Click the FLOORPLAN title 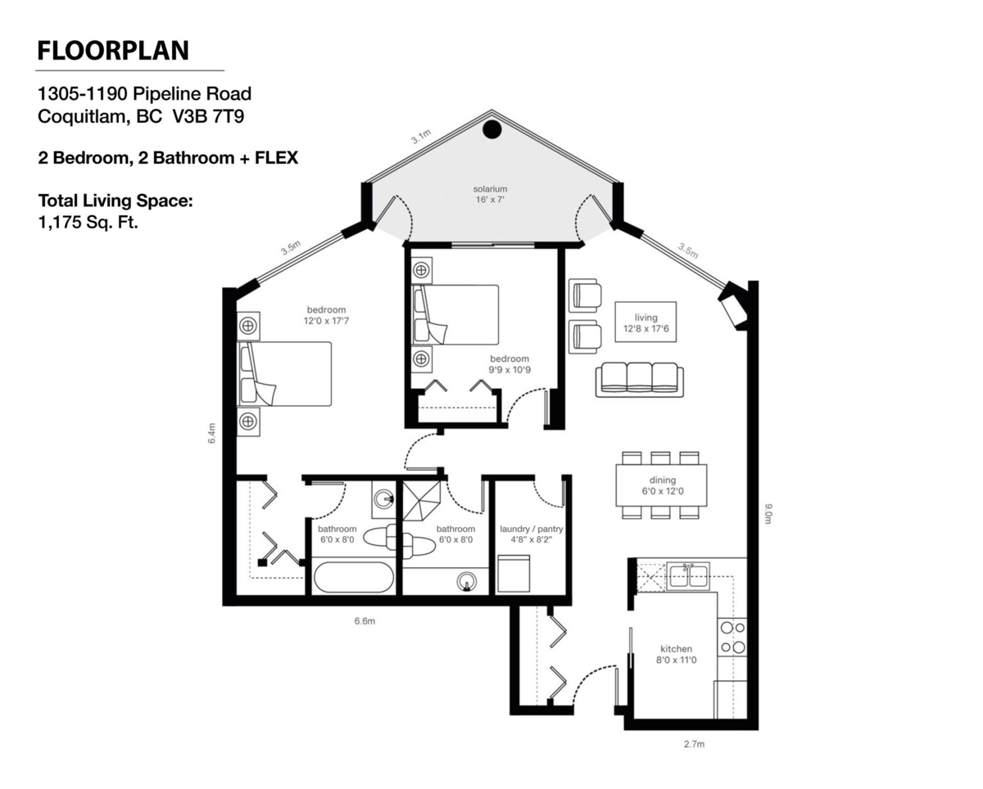tap(113, 51)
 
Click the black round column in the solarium tap(491, 129)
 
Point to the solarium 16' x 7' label tap(490, 194)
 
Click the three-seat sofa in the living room tap(640, 380)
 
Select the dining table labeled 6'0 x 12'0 tap(661, 485)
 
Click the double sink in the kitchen tap(687, 575)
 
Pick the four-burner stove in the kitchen tap(732, 638)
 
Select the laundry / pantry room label tap(532, 534)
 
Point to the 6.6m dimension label tap(365, 621)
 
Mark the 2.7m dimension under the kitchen tap(694, 744)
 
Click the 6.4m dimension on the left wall tap(211, 433)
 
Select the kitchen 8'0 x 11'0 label tap(677, 654)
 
